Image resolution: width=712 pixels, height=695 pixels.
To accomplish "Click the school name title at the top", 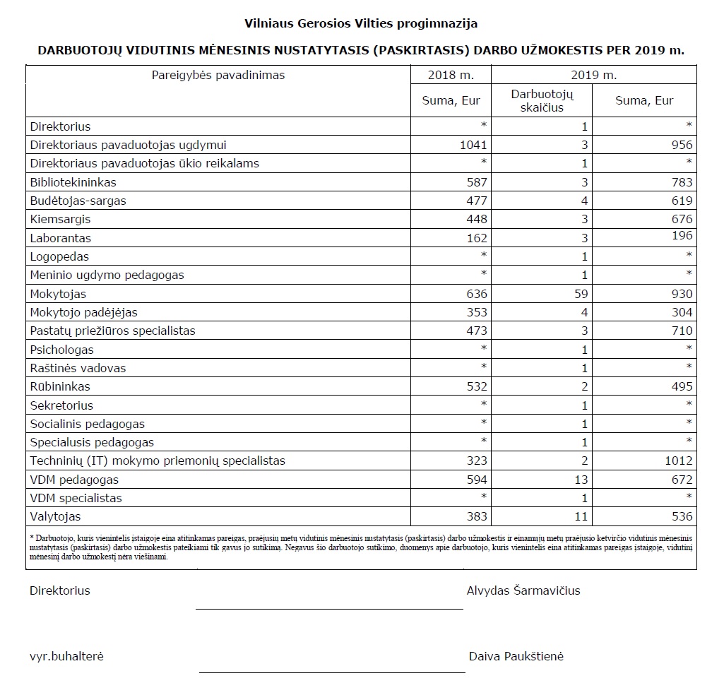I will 360,23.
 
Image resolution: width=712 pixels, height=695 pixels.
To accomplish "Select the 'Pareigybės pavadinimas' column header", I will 218,75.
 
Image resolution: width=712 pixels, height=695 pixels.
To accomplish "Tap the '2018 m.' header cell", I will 451,75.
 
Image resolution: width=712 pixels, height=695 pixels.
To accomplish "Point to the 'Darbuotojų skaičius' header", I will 542,100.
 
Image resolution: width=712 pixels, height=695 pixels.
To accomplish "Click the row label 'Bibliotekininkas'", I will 73,182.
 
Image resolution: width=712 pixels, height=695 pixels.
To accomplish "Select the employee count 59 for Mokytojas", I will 580,294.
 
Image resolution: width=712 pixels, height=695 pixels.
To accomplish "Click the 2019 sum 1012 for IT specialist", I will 677,461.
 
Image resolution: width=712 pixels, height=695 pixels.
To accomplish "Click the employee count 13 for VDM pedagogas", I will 580,480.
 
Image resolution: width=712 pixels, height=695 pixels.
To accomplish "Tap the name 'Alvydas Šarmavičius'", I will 523,590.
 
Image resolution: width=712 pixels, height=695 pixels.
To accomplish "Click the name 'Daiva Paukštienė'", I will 516,656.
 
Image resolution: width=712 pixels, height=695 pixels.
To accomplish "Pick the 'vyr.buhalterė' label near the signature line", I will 66,656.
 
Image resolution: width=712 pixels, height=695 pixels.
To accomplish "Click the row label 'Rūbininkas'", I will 60,386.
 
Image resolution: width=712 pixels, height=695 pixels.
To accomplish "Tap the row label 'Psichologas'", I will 61,350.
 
